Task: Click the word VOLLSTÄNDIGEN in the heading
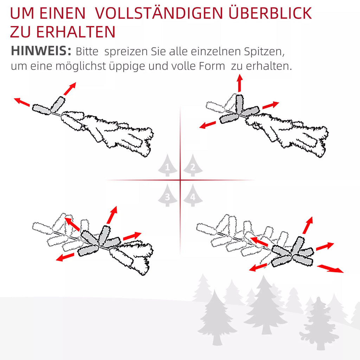pyautogui.click(x=159, y=13)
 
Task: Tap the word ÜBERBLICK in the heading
pyautogui.click(x=270, y=13)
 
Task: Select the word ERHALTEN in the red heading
pyautogui.click(x=76, y=32)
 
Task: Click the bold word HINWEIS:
pyautogui.click(x=41, y=51)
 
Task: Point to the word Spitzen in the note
pyautogui.click(x=264, y=51)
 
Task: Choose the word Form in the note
pyautogui.click(x=212, y=66)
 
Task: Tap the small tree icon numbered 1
pyautogui.click(x=168, y=165)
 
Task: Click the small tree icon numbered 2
pyautogui.click(x=193, y=165)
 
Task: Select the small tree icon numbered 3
pyautogui.click(x=168, y=195)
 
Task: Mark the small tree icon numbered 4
pyautogui.click(x=193, y=195)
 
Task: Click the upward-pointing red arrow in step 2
pyautogui.click(x=240, y=83)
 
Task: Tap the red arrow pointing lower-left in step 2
pyautogui.click(x=207, y=125)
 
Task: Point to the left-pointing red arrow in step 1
pyautogui.click(x=22, y=102)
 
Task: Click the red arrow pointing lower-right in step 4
pyautogui.click(x=330, y=269)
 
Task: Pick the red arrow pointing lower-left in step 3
pyautogui.click(x=65, y=257)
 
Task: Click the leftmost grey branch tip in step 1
pyautogui.click(x=41, y=110)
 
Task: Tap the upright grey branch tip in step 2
pyautogui.click(x=239, y=104)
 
